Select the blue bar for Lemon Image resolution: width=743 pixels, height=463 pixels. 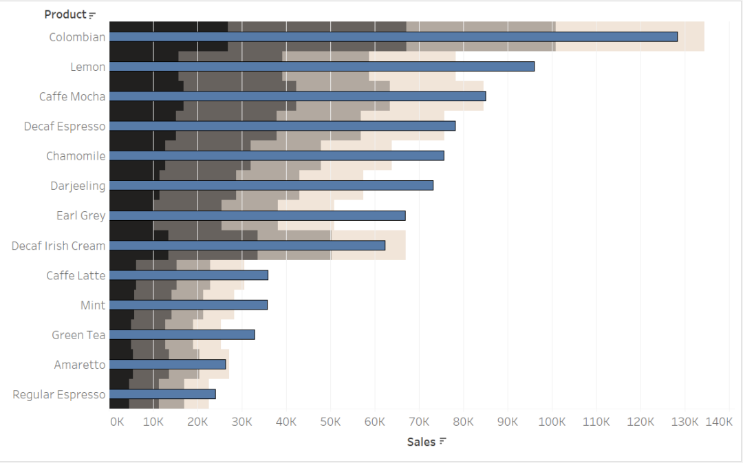322,67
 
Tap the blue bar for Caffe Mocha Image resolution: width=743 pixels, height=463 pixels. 297,96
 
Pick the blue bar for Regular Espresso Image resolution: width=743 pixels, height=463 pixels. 162,394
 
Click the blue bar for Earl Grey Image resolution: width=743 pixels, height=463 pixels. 257,215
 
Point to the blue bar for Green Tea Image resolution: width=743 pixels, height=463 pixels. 182,335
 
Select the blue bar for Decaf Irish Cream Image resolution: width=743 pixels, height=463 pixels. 247,246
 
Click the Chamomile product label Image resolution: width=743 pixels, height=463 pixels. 76,156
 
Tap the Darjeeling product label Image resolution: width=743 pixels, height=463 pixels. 78,186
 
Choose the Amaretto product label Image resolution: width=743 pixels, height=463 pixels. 80,365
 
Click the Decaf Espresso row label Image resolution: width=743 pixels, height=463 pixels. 65,127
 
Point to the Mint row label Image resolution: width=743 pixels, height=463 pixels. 93,305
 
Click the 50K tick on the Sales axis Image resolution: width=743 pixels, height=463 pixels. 330,421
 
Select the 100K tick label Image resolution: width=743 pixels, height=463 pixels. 552,421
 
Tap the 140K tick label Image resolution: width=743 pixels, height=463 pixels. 719,421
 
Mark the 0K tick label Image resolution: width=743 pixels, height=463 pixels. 117,421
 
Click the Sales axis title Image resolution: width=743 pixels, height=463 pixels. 421,442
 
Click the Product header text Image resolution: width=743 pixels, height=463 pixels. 65,14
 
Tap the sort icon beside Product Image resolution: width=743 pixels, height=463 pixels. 92,15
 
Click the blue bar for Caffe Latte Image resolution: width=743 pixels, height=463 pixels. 189,275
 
